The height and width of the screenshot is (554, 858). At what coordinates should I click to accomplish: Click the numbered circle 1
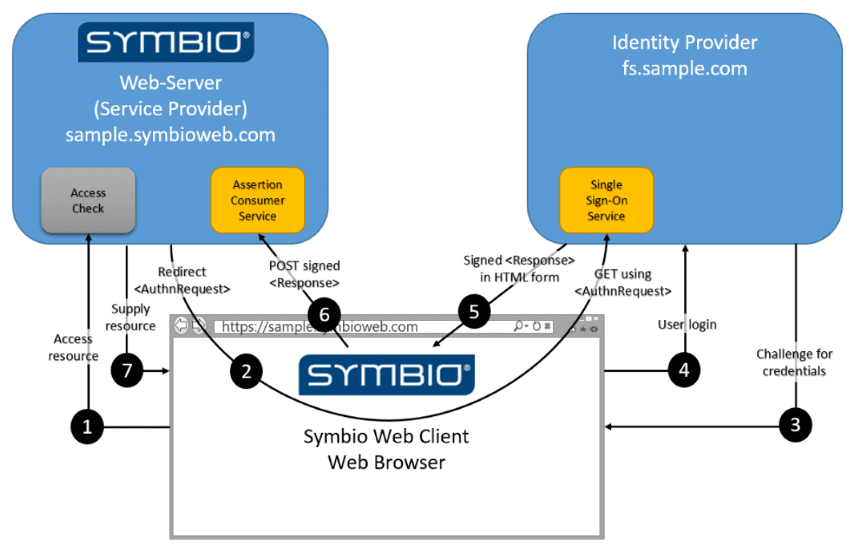pos(87,427)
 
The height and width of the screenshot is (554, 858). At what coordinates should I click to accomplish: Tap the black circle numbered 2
pos(246,371)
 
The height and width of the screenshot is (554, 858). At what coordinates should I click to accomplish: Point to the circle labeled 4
pos(684,370)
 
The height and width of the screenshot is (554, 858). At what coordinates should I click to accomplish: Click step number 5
pos(474,312)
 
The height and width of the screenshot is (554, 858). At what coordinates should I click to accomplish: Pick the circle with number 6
pos(323,314)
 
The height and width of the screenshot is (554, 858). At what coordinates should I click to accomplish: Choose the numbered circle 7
pos(127,370)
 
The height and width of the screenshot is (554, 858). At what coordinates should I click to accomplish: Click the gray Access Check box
pos(88,200)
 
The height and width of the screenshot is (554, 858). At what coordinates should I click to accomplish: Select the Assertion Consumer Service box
pos(258,200)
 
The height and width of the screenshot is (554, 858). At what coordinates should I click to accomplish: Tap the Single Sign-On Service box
pos(606,200)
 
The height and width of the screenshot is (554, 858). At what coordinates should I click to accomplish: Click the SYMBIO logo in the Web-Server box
pos(166,42)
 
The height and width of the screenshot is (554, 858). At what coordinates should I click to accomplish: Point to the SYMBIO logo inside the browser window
pos(386,375)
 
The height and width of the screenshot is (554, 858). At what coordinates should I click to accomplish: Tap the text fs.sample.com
pos(684,69)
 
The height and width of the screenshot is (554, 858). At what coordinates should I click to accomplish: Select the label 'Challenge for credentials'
pos(794,362)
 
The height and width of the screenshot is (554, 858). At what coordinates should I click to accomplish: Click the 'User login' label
pos(687,324)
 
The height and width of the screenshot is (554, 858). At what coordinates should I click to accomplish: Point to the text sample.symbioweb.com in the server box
pos(170,135)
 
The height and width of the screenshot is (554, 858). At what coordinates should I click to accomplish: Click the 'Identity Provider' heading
pos(684,42)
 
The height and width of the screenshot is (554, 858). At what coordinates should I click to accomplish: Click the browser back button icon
pos(181,326)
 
